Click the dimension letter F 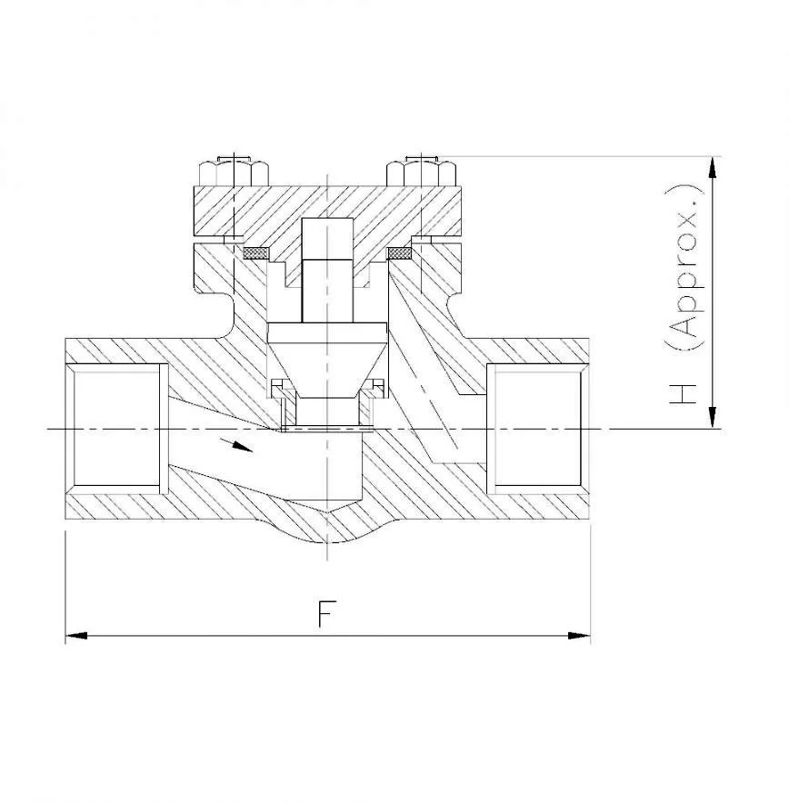coord(324,614)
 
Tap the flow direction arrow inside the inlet coord(238,444)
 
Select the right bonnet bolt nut coord(420,171)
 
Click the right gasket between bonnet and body coord(400,252)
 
